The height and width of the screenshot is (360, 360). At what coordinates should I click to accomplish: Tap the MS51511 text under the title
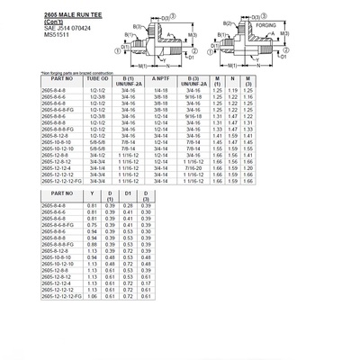tap(30, 35)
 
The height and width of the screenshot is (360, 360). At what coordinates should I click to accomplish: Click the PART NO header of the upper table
tap(31, 82)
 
